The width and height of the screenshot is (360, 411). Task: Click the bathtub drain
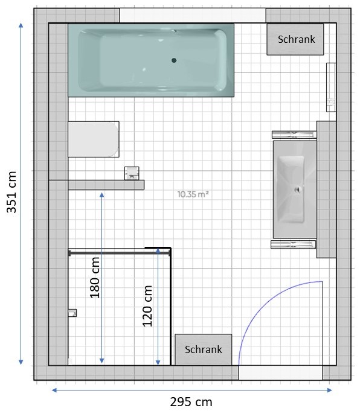174,60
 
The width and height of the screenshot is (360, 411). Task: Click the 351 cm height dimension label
12,192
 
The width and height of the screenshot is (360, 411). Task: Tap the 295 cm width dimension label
191,402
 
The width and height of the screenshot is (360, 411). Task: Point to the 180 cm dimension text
95,278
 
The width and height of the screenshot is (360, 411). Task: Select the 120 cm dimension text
147,306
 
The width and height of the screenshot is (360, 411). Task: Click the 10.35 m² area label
193,194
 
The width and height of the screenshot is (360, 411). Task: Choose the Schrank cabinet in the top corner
295,39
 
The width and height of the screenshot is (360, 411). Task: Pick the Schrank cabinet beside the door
204,349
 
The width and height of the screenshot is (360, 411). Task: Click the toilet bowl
94,139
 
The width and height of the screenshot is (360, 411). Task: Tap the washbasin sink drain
298,190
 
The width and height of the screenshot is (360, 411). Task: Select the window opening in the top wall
193,16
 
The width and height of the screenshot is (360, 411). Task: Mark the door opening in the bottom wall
280,372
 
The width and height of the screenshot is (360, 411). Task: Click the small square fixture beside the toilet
132,173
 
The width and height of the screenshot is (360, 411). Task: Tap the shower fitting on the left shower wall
72,313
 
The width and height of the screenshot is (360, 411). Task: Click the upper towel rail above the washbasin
294,135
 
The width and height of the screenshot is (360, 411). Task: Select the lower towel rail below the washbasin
294,244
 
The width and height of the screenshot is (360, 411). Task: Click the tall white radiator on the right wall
331,88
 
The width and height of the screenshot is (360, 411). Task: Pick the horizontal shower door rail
120,253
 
